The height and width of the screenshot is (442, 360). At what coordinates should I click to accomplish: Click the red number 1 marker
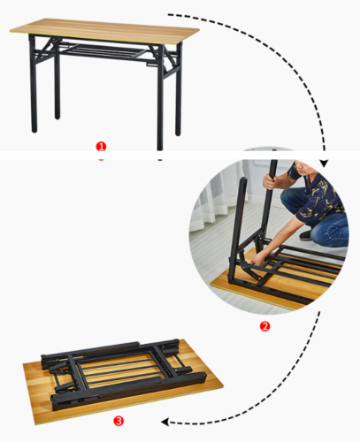point(101,147)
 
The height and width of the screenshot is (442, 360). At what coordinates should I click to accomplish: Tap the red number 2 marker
point(264,326)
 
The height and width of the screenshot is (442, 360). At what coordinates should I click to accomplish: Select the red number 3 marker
point(119,421)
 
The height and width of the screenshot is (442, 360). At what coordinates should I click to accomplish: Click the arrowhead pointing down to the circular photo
point(325,164)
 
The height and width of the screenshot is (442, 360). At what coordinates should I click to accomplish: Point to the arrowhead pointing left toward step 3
point(165,423)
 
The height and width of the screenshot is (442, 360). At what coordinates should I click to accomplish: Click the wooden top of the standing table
point(104,30)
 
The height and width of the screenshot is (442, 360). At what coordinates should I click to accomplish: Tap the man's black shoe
point(304,235)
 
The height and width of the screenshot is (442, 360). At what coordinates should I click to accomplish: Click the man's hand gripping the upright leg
point(270,182)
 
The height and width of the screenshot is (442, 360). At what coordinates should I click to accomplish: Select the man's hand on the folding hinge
point(257,260)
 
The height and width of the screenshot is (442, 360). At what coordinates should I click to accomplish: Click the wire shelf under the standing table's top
point(103,50)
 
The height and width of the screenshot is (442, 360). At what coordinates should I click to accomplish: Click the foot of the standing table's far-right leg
point(178,133)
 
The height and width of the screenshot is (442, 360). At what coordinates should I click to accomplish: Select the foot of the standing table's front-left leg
point(34,129)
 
